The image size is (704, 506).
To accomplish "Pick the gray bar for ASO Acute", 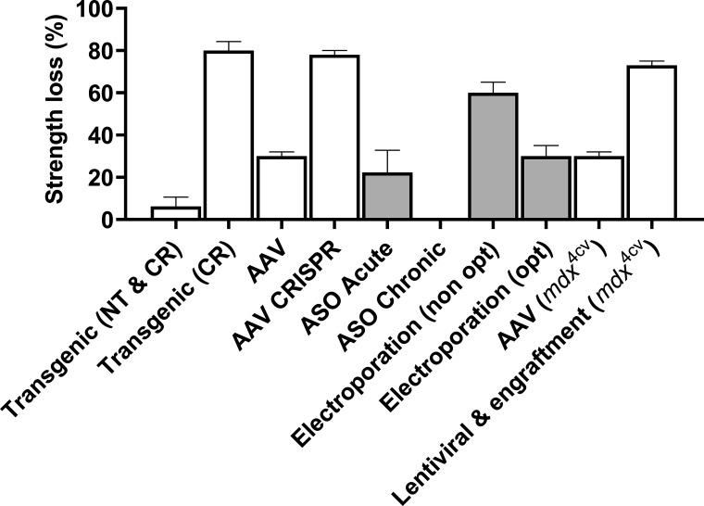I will point(387,196).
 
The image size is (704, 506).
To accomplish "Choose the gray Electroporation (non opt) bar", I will point(493,157).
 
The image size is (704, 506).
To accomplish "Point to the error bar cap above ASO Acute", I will point(387,150).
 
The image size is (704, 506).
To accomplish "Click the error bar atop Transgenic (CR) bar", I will point(229,43).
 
